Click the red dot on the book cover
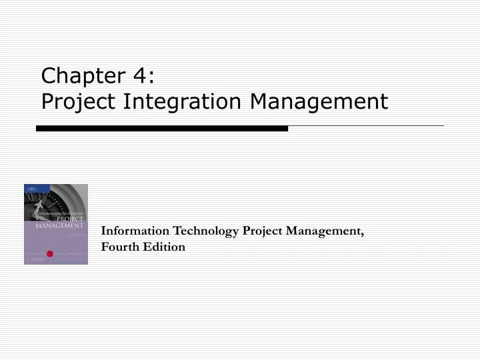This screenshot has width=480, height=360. (49, 253)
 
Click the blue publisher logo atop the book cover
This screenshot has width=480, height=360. (29, 189)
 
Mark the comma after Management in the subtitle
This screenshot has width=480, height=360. (362, 234)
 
